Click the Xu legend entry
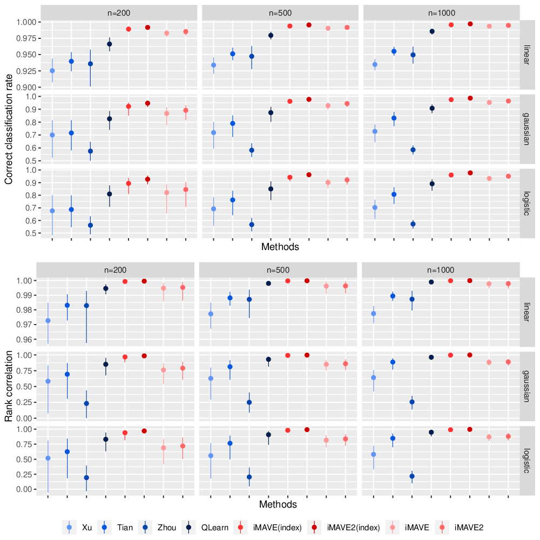click(x=77, y=527)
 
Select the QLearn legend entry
click(x=205, y=527)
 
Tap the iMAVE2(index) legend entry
click(x=343, y=527)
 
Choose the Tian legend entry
click(x=116, y=527)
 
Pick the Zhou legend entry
click(x=157, y=527)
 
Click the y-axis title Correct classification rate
click(x=9, y=129)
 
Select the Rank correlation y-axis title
click(x=9, y=386)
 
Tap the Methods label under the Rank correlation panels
click(x=278, y=504)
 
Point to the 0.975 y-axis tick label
click(x=26, y=38)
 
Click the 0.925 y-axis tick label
click(x=26, y=71)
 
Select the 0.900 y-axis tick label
click(x=26, y=87)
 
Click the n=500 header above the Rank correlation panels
click(x=278, y=270)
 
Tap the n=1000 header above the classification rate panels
click(x=442, y=13)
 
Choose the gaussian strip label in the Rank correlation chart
click(x=526, y=386)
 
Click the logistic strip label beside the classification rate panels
click(x=526, y=204)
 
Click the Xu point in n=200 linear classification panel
click(x=52, y=71)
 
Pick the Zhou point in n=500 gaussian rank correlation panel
click(x=249, y=402)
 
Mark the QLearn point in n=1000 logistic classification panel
click(x=432, y=184)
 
